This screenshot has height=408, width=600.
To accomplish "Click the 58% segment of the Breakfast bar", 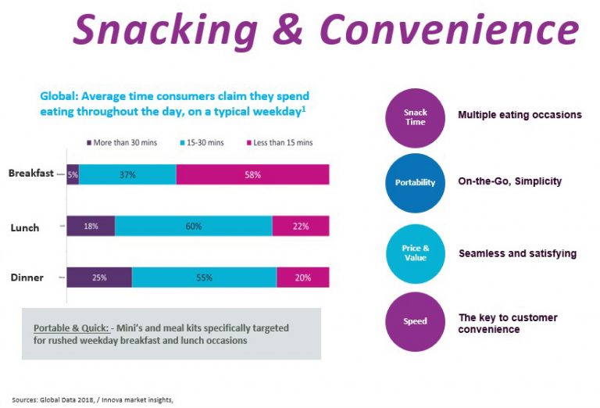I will click(x=252, y=174).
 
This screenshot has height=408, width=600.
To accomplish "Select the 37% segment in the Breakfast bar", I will click(x=127, y=174).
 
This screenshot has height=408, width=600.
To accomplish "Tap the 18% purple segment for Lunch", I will click(x=91, y=226).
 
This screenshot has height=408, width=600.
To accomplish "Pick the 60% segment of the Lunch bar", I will click(x=194, y=226).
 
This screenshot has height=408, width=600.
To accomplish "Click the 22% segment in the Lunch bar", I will click(x=301, y=226).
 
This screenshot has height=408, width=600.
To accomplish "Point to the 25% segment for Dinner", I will click(x=99, y=277).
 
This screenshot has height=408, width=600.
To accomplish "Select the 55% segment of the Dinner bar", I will click(x=204, y=277).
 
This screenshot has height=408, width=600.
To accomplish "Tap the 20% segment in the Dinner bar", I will click(x=303, y=277).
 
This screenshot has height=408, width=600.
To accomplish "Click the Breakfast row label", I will click(x=30, y=174).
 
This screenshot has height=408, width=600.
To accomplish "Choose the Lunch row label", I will click(x=25, y=227).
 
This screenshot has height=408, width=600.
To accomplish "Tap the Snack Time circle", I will click(x=415, y=118).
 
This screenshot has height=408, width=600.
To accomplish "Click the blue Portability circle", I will click(x=415, y=182).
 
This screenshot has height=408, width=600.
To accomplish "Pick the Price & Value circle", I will click(x=415, y=252).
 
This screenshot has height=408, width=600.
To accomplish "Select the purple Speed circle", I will click(x=415, y=320).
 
